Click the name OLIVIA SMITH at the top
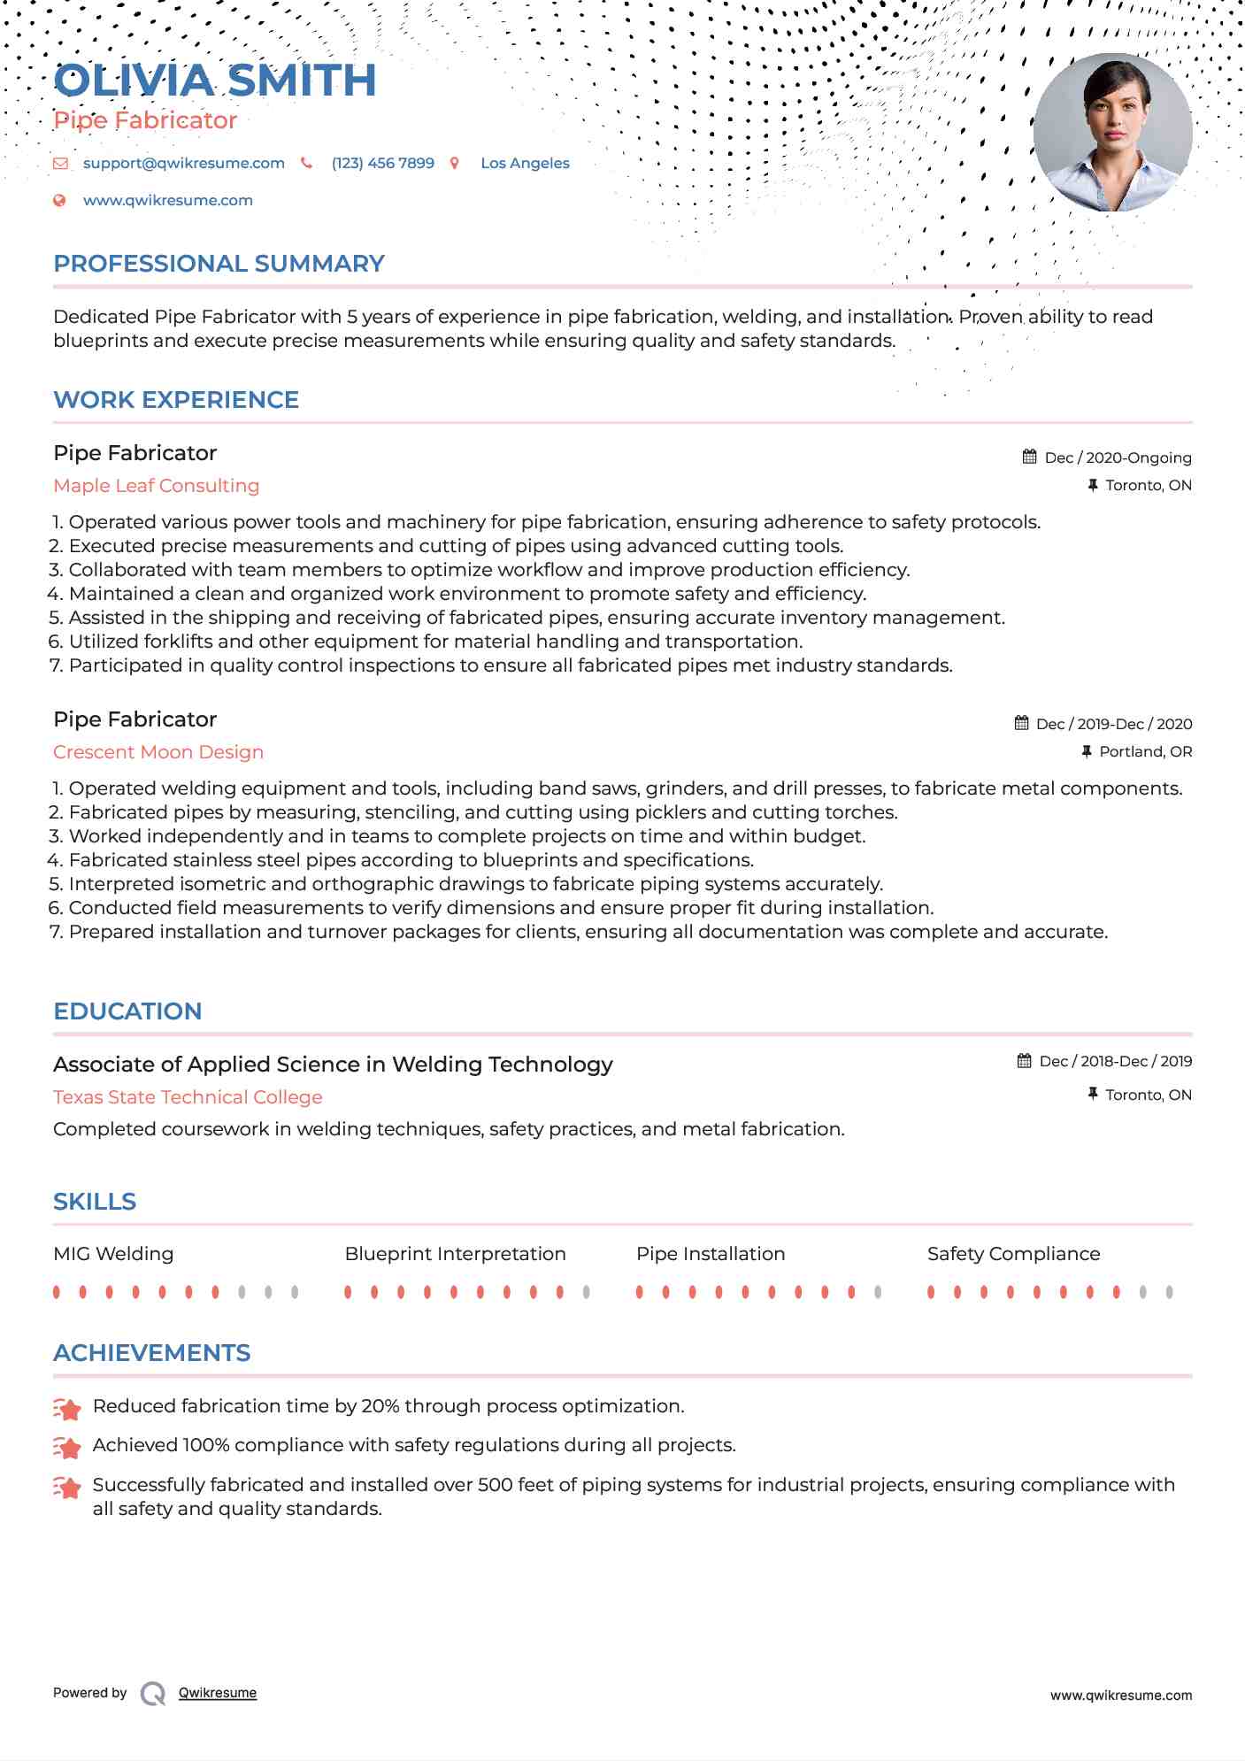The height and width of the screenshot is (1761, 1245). click(x=215, y=81)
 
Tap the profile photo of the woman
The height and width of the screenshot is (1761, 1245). click(x=1112, y=133)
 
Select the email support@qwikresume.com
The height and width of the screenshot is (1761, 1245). click(x=183, y=163)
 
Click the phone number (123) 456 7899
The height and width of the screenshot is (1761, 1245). click(x=382, y=163)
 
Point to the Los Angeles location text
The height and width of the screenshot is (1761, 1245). click(x=525, y=163)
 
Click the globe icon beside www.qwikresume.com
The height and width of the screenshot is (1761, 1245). click(x=59, y=201)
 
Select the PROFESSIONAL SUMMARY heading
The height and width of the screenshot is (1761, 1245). click(x=219, y=264)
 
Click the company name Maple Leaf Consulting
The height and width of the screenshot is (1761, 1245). click(x=156, y=486)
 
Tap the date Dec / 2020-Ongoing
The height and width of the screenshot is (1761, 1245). click(x=1118, y=458)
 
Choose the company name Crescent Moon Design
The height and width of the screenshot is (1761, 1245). click(x=158, y=752)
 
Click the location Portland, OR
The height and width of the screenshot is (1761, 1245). click(x=1145, y=751)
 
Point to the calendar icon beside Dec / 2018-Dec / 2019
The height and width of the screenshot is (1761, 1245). click(x=1024, y=1061)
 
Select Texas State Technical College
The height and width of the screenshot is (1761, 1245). click(x=188, y=1097)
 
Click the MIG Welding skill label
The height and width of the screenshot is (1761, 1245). click(x=113, y=1254)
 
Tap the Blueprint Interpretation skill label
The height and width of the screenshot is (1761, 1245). click(x=455, y=1254)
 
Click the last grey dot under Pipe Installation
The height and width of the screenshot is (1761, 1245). click(x=878, y=1292)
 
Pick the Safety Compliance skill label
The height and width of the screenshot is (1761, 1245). click(x=1013, y=1254)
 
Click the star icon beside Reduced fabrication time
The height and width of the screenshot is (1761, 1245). click(x=67, y=1408)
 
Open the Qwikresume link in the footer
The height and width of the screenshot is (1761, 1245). click(x=217, y=1693)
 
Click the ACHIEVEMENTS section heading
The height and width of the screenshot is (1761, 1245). click(x=151, y=1353)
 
